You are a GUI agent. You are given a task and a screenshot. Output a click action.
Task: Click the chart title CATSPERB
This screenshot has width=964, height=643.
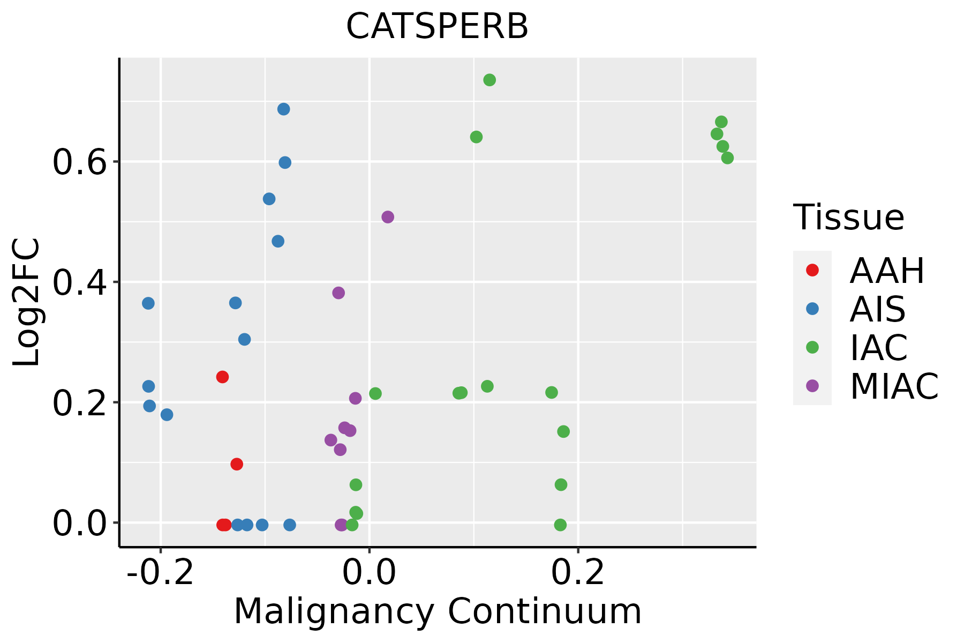[x=437, y=27]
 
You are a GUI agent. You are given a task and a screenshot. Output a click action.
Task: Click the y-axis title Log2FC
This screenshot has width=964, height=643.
[x=27, y=302]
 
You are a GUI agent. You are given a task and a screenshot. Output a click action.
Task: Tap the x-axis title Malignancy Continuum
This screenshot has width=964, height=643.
[x=437, y=611]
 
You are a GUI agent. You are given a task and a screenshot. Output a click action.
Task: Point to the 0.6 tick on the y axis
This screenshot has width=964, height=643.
[x=79, y=162]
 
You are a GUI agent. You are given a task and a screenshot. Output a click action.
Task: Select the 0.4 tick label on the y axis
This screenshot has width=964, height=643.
[x=79, y=282]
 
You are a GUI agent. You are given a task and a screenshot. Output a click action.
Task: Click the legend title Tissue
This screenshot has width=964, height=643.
[x=849, y=218]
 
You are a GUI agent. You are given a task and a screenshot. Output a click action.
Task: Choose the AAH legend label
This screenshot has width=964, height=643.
[x=887, y=271]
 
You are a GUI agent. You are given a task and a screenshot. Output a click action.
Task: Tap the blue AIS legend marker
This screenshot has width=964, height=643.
[x=812, y=309]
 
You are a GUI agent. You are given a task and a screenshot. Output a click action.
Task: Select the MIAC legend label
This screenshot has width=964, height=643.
[x=894, y=386]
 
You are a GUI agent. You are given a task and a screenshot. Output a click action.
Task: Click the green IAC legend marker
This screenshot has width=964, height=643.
[x=812, y=347]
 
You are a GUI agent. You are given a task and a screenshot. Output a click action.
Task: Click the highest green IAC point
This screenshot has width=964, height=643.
[x=489, y=80]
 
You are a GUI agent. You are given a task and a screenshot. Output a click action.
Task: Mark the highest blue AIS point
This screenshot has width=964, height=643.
[x=284, y=109]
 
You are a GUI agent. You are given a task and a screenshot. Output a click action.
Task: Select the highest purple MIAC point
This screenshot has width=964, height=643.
[x=388, y=217]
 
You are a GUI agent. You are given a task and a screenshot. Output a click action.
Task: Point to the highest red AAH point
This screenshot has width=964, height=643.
[x=222, y=377]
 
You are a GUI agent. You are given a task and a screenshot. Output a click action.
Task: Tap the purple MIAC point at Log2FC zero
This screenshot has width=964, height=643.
[x=341, y=525]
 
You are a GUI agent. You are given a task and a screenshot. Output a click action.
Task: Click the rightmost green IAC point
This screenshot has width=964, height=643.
[x=727, y=158]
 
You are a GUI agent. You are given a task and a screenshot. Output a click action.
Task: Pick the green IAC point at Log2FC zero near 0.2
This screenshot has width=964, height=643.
[x=560, y=525]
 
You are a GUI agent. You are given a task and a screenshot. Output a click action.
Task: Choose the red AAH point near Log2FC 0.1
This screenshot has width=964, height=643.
[x=237, y=464]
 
